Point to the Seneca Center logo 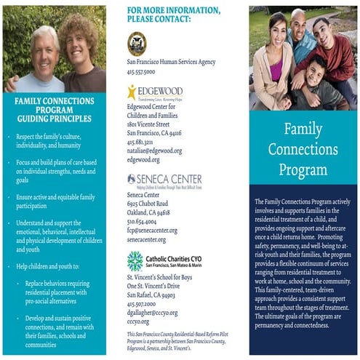pyautogui.click(x=153, y=180)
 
